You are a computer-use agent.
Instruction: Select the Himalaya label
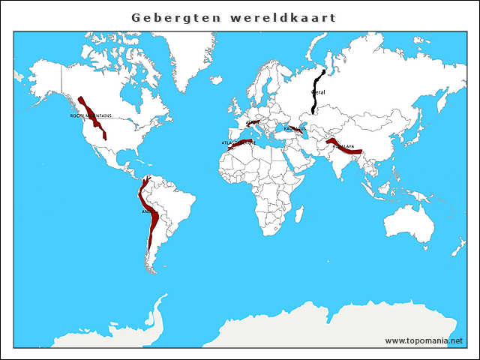point(343,146)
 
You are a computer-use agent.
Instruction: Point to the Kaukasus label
point(295,128)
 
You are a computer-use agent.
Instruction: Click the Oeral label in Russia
point(318,91)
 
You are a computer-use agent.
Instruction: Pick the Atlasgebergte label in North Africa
point(238,142)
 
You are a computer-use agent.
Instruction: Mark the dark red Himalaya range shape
point(346,148)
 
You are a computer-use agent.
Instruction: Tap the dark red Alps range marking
point(253,121)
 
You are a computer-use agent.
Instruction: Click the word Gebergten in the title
point(172,16)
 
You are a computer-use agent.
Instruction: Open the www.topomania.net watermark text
point(424,340)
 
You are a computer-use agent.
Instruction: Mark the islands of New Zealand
point(459,247)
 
